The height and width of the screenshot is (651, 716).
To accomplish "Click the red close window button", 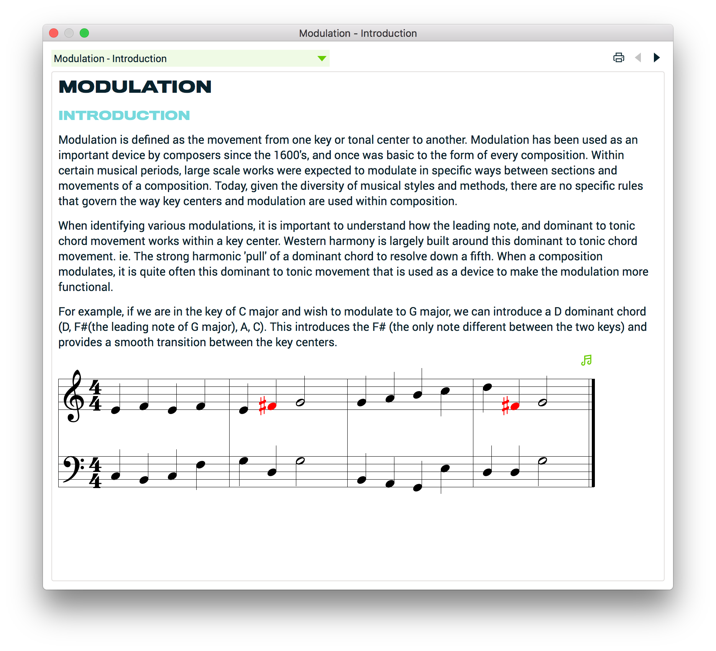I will (54, 33).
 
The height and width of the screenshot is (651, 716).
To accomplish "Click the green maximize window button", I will (84, 33).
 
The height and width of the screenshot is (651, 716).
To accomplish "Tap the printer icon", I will (619, 58).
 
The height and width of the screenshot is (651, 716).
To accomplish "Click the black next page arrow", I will (657, 58).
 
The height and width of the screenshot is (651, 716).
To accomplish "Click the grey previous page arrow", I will (638, 58).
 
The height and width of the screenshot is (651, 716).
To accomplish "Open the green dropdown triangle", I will (322, 58).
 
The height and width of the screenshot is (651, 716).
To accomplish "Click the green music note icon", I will (586, 360).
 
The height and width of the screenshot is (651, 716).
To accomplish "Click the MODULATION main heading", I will (135, 87).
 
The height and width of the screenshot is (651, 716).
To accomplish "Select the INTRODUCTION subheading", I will (124, 115).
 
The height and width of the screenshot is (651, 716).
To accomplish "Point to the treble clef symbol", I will (74, 396).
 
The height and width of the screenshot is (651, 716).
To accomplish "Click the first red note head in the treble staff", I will (272, 406).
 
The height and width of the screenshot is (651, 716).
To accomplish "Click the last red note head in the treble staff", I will (515, 406).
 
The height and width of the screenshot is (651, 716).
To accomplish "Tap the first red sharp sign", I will (263, 406).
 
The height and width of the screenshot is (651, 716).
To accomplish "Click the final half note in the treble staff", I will (542, 402).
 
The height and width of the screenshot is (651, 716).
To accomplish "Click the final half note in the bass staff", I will (542, 461).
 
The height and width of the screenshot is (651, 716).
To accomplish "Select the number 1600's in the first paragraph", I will (291, 155).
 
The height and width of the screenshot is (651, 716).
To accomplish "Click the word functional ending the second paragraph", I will (85, 287).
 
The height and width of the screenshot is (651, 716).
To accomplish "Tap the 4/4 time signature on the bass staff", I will (95, 472).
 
